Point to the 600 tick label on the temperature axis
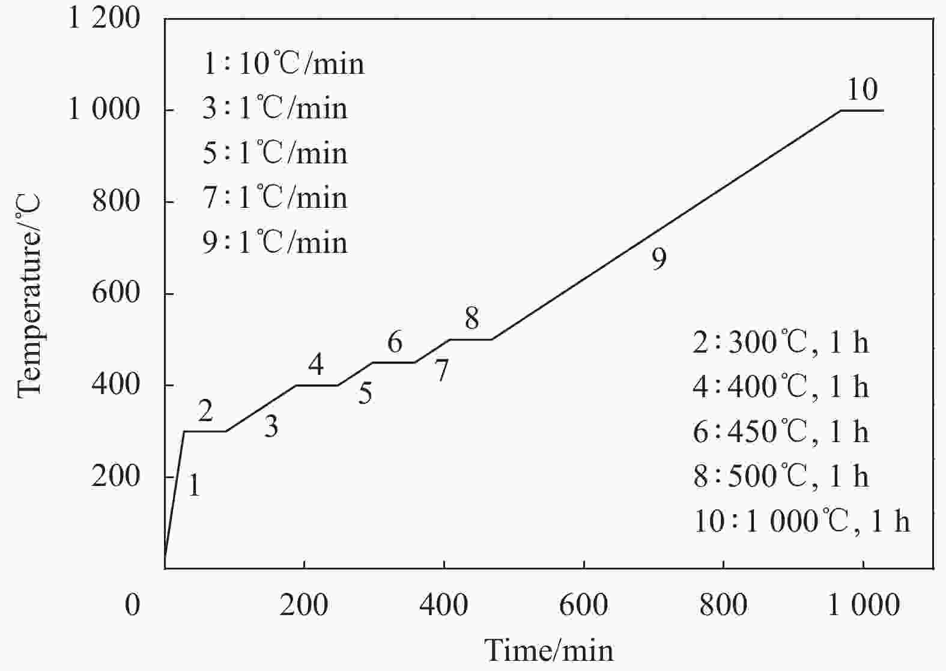(115, 294)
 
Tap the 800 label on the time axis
(723, 605)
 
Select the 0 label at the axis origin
(132, 605)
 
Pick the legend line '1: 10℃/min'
(283, 64)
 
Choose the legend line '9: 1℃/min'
(275, 243)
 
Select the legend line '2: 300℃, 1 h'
(781, 343)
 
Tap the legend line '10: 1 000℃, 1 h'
(802, 521)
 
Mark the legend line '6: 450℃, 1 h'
(781, 432)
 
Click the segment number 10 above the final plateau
(862, 90)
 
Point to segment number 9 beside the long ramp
(659, 259)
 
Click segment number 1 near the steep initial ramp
(193, 485)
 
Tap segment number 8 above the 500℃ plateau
(471, 318)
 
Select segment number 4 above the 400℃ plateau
(316, 364)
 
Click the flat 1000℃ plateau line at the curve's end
(861, 111)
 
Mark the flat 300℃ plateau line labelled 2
(205, 431)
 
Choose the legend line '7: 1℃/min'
(275, 198)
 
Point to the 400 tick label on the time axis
(444, 605)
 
